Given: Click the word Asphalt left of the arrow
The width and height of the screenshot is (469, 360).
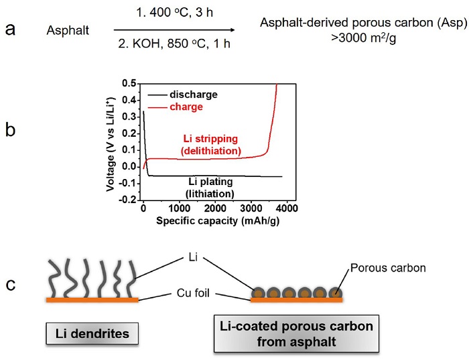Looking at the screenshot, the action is tap(68, 31).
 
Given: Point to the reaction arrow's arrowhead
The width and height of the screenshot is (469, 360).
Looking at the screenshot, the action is tap(232, 29).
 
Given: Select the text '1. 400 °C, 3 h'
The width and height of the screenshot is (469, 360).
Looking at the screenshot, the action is tap(175, 13).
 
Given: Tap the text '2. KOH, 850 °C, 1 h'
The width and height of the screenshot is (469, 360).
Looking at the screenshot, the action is tap(174, 44).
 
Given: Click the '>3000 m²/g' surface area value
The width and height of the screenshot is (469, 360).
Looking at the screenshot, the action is tap(363, 38).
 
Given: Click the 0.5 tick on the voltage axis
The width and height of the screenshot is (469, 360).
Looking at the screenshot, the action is tap(129, 84).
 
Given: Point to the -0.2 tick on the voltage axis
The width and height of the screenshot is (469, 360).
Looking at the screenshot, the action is tap(127, 200).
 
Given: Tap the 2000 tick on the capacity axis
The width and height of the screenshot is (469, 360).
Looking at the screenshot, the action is tap(215, 208).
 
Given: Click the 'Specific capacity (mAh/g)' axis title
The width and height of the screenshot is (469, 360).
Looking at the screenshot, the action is tap(218, 221).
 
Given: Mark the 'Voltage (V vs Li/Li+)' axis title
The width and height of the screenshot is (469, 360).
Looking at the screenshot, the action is tap(111, 144).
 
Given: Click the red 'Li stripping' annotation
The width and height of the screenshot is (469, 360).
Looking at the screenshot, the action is tap(210, 139).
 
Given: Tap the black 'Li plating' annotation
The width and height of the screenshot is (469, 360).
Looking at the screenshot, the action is tap(210, 182).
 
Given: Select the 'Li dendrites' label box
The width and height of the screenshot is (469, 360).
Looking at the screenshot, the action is tap(92, 333).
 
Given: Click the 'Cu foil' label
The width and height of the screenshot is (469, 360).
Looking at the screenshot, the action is tap(193, 293).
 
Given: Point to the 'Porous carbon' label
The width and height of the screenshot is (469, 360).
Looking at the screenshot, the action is tap(388, 268).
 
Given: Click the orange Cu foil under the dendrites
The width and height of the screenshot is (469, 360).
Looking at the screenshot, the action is tap(92, 300).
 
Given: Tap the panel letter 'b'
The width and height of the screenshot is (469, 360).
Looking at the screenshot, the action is tap(11, 130).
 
